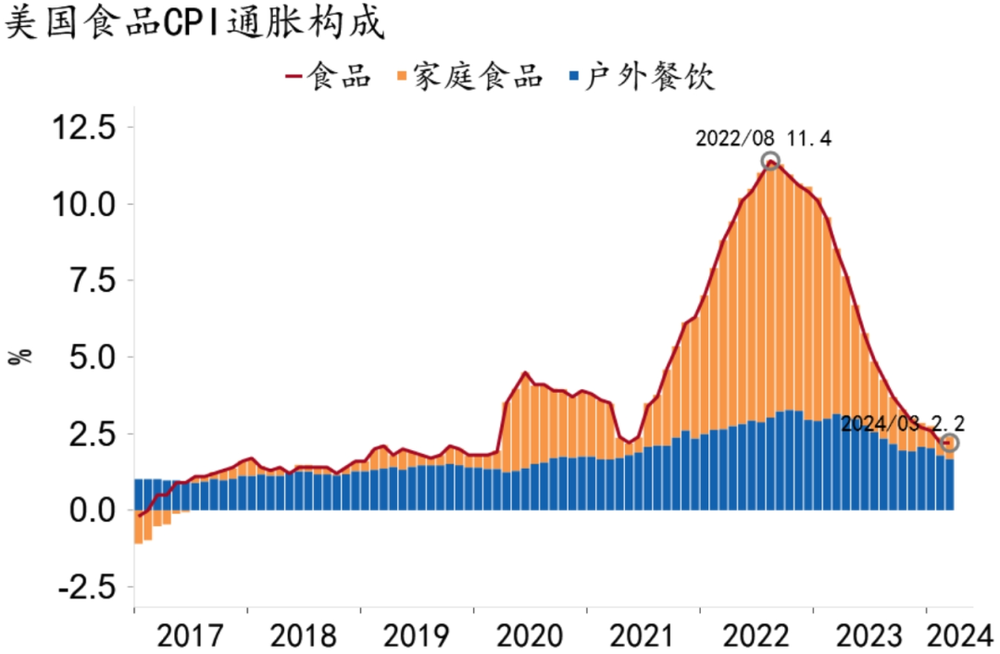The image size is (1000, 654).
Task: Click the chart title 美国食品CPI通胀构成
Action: (195, 22)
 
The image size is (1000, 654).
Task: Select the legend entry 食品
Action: (329, 76)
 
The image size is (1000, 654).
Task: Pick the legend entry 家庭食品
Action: (469, 76)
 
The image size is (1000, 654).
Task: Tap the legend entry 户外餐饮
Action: (641, 76)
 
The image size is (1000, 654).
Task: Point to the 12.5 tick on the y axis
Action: (84, 127)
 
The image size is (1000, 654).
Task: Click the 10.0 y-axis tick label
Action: (84, 204)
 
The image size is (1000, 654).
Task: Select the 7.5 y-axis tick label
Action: (94, 280)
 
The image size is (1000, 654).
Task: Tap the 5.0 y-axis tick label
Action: (94, 357)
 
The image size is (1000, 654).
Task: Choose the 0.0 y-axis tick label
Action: (94, 509)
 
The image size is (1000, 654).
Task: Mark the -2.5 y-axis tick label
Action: (88, 586)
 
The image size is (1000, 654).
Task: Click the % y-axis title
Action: (20, 357)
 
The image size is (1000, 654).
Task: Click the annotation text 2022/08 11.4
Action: (763, 138)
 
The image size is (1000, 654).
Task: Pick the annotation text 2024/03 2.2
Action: (903, 423)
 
